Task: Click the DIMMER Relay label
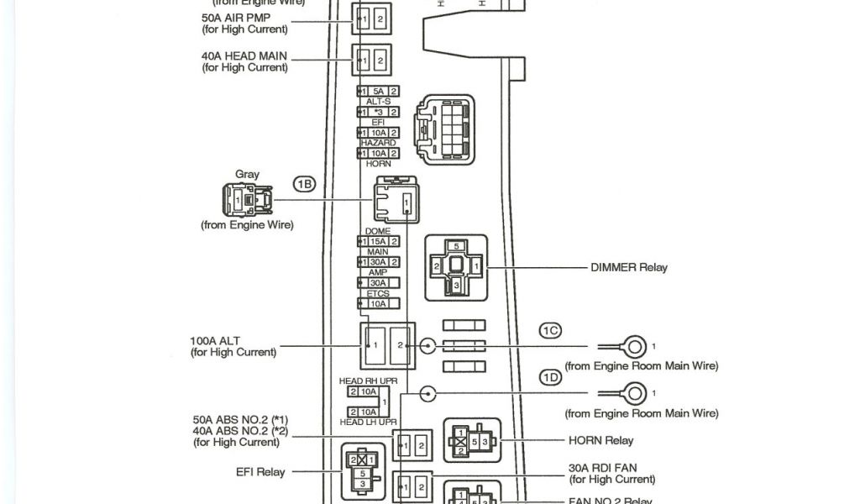point(628,268)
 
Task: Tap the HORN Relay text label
point(600,440)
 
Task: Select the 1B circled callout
point(304,183)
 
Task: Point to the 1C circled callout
point(550,331)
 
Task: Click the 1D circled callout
point(550,378)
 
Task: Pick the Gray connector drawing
point(247,200)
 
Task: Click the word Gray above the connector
point(247,175)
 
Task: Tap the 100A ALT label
point(215,341)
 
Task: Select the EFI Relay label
point(260,472)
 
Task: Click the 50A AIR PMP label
point(234,17)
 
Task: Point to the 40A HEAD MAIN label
point(244,55)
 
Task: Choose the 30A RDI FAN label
point(602,468)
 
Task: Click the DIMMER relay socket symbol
point(456,266)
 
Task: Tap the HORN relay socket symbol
point(472,441)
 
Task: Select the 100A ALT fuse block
point(388,345)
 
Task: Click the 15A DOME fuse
point(378,242)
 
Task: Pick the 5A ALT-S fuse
point(378,91)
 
